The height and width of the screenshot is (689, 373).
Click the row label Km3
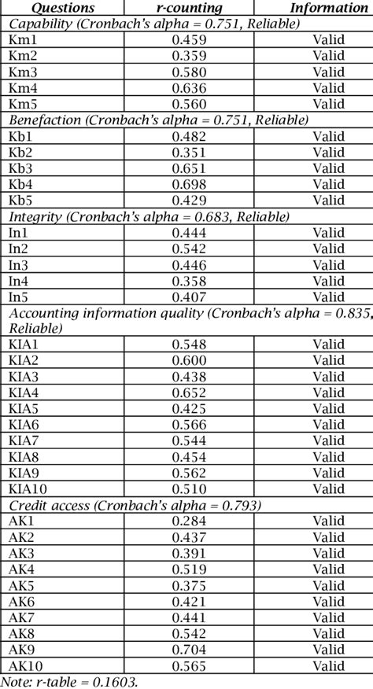pyautogui.click(x=21, y=71)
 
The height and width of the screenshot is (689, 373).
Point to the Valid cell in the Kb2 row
pyautogui.click(x=329, y=152)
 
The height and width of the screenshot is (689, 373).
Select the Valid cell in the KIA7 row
pyautogui.click(x=329, y=440)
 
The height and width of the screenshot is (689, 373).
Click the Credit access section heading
pyautogui.click(x=135, y=504)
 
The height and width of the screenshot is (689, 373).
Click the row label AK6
pyautogui.click(x=21, y=600)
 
